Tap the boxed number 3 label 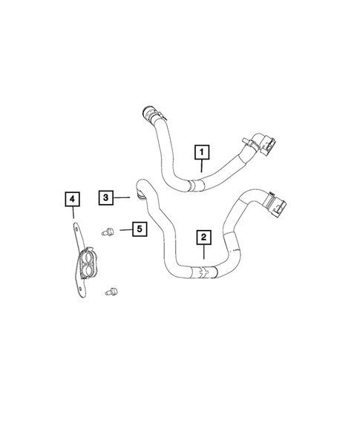(107, 197)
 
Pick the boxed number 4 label (71, 199)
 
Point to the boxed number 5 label (139, 229)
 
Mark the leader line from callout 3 (125, 197)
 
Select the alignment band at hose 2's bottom (201, 272)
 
